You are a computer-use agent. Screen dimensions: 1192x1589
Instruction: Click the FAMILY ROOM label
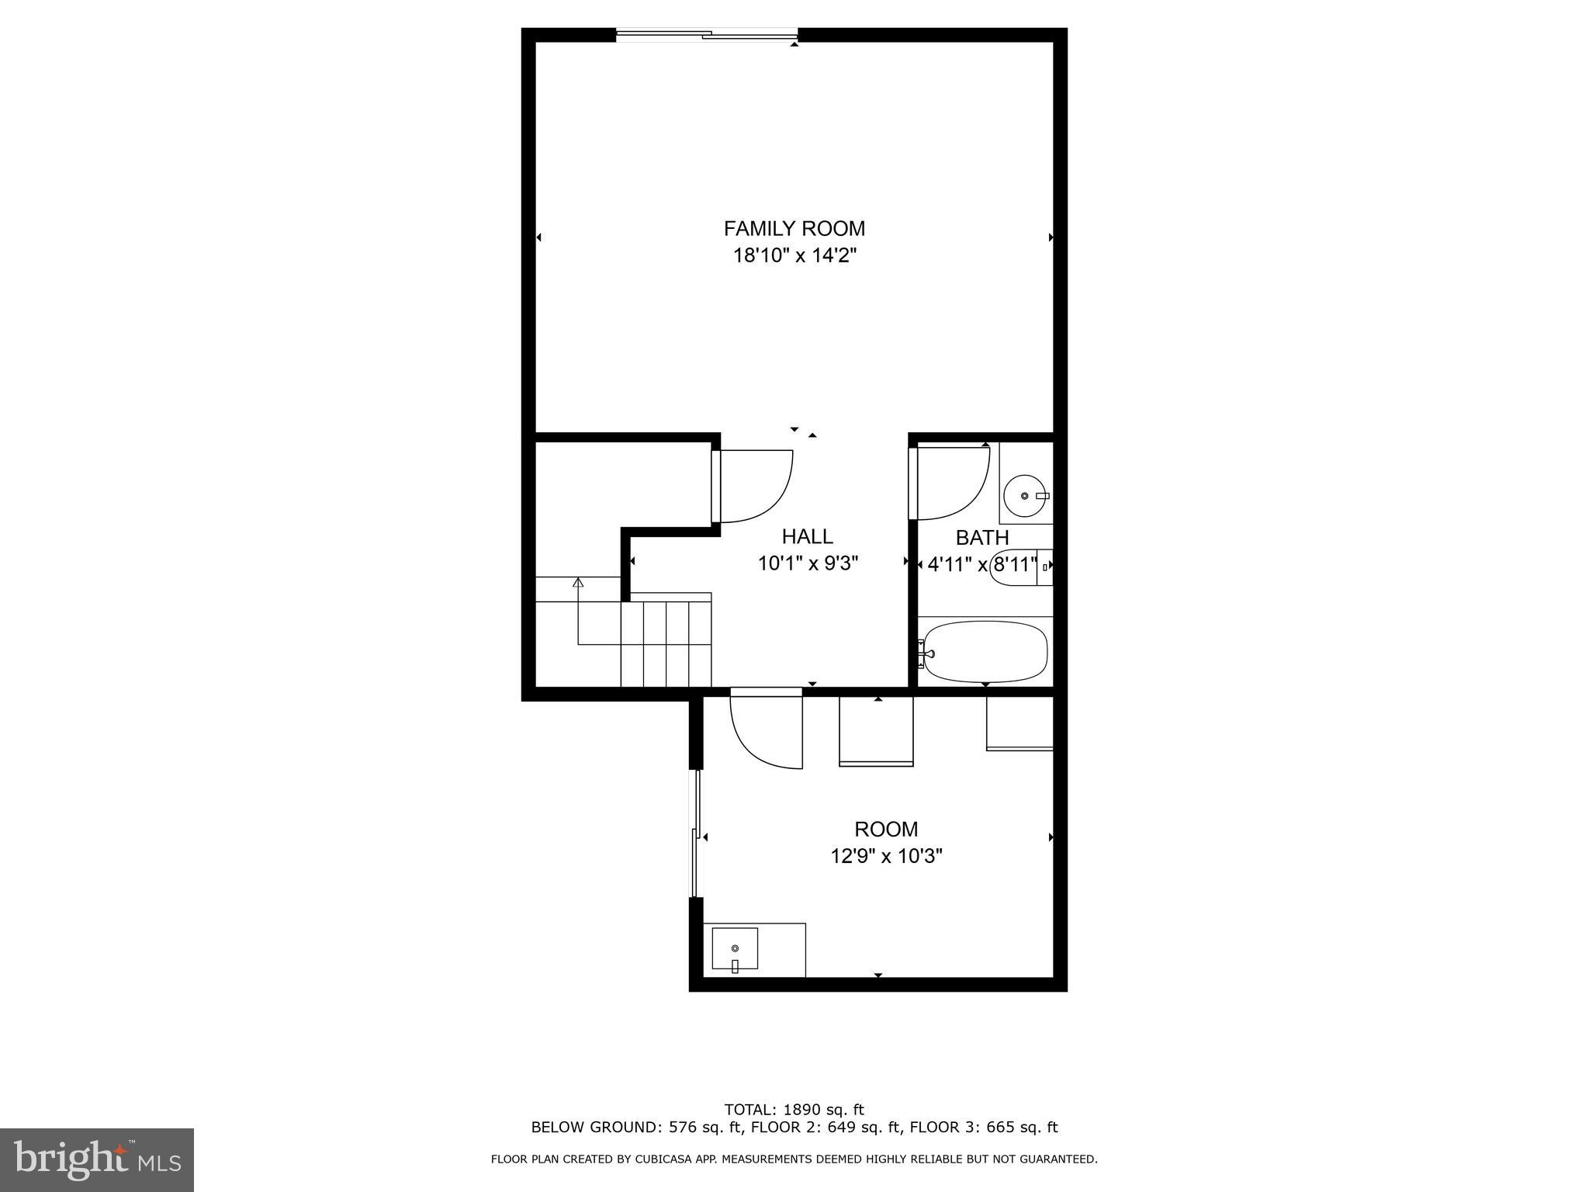click(x=794, y=229)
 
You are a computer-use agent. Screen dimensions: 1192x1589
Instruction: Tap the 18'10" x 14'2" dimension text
click(x=794, y=255)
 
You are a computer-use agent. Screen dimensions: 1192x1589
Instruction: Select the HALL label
click(x=807, y=536)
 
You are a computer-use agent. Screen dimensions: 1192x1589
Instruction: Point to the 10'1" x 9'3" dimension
click(x=807, y=563)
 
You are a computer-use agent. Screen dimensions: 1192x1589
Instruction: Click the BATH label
click(x=981, y=537)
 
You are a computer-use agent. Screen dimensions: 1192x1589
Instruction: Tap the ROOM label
click(x=886, y=829)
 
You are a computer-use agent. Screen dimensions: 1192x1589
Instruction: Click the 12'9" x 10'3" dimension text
click(x=886, y=856)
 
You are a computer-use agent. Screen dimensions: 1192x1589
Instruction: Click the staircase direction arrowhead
click(x=577, y=581)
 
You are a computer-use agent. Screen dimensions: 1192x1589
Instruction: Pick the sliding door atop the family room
click(x=707, y=34)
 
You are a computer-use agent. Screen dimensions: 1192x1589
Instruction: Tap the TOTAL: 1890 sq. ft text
click(x=794, y=1110)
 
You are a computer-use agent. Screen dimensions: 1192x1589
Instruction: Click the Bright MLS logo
click(x=97, y=1159)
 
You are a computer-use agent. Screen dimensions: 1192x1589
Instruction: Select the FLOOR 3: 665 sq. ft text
click(x=984, y=1127)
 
